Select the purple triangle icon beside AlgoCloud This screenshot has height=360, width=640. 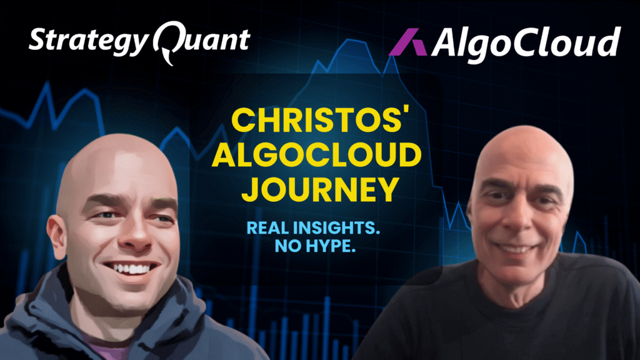pos(407,42)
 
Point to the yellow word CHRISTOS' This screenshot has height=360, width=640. pos(321,120)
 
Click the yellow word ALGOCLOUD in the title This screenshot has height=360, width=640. pos(317,155)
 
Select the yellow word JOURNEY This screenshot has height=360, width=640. pos(320,190)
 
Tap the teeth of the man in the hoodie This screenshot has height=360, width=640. pos(131,269)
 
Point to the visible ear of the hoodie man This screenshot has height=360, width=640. pos(57,237)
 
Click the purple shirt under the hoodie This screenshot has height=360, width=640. pos(108,347)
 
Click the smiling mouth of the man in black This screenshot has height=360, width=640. pos(514,247)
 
